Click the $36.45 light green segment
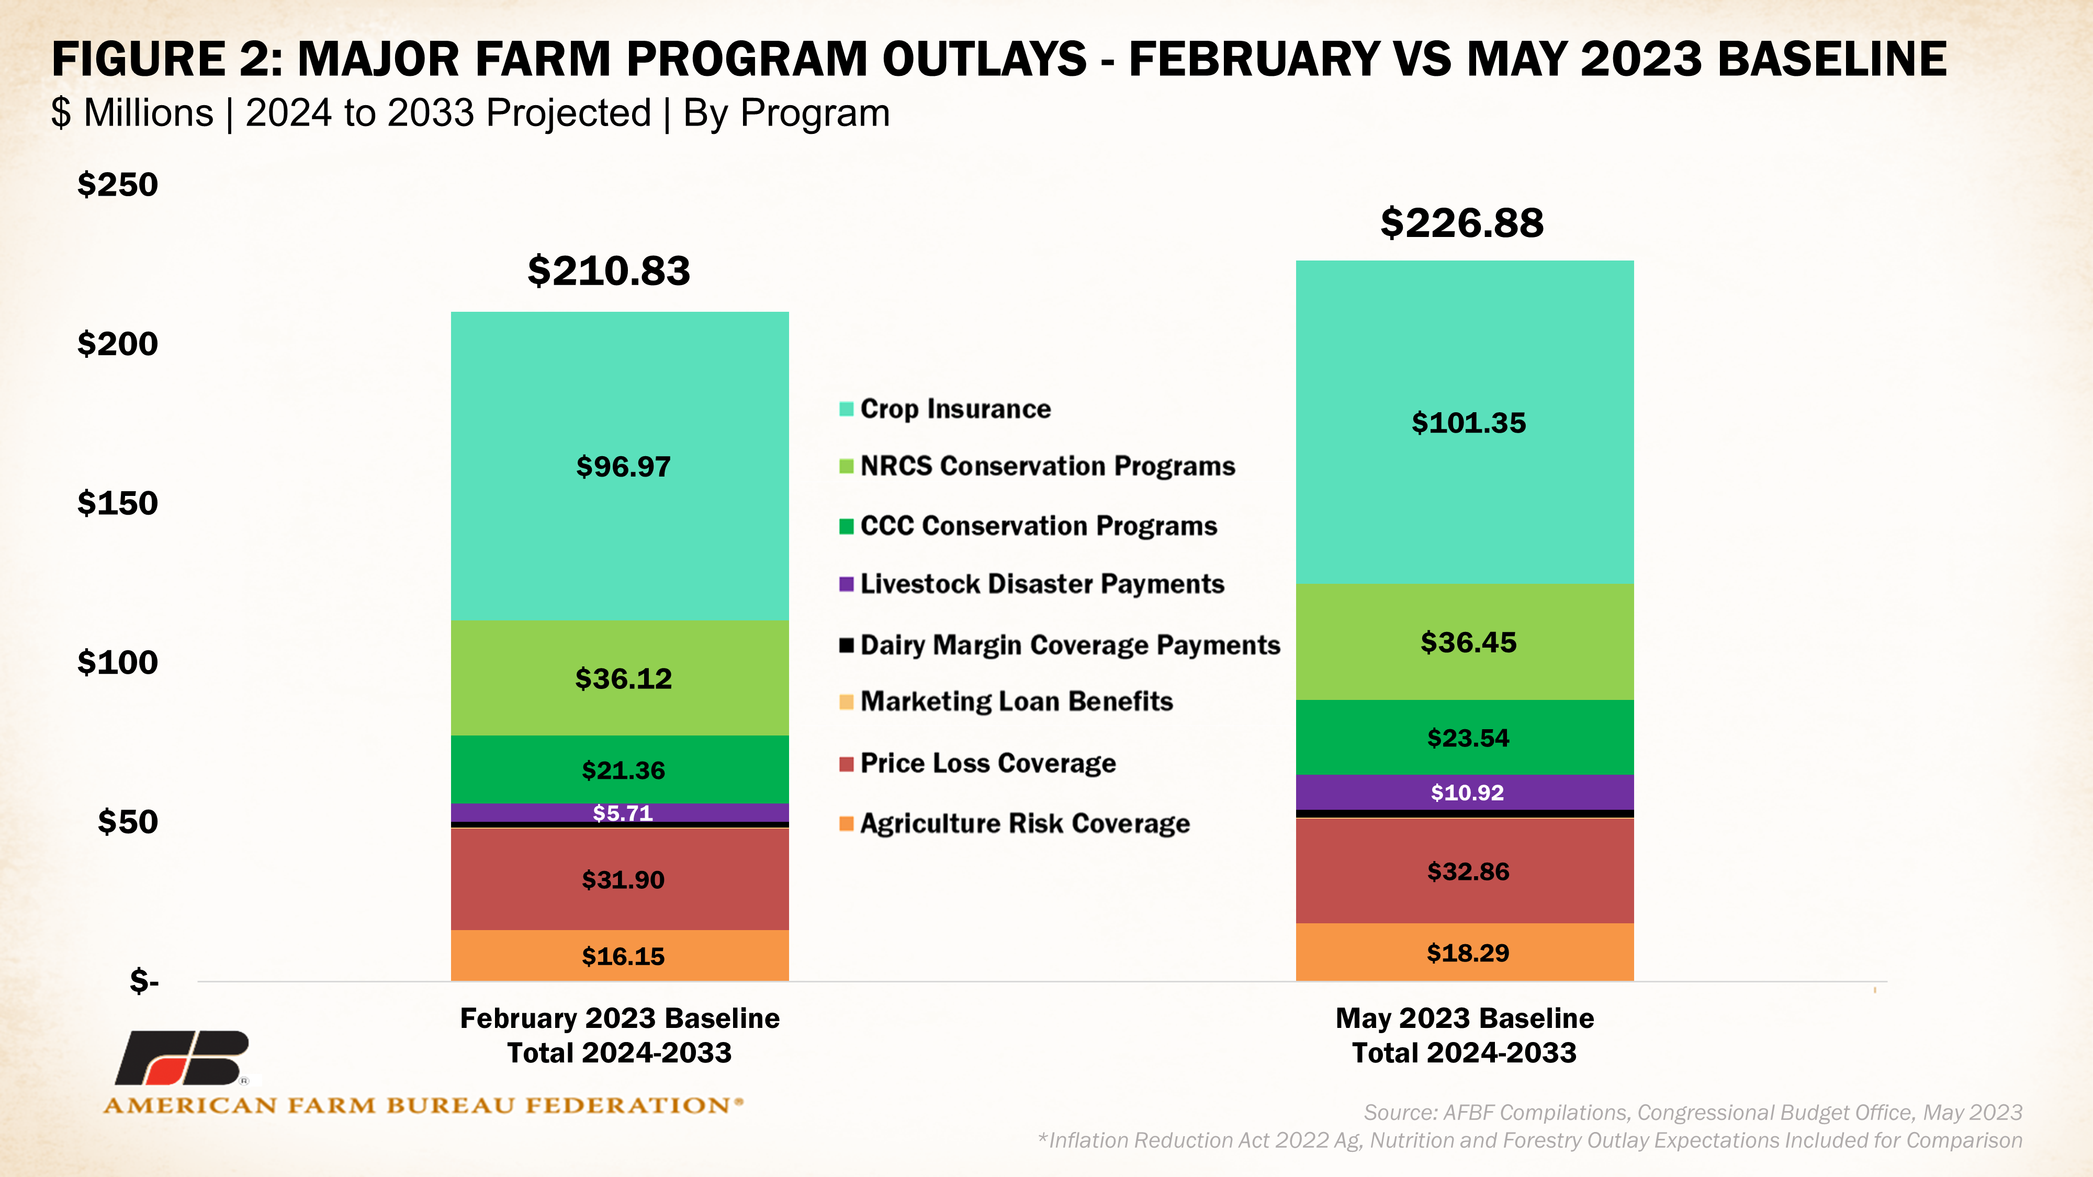point(1467,642)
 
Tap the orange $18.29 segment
point(1467,953)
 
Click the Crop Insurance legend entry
point(955,409)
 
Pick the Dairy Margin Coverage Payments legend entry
point(1069,645)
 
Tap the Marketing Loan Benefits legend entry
point(1016,701)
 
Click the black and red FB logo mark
point(183,1058)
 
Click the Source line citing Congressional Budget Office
point(1692,1112)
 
